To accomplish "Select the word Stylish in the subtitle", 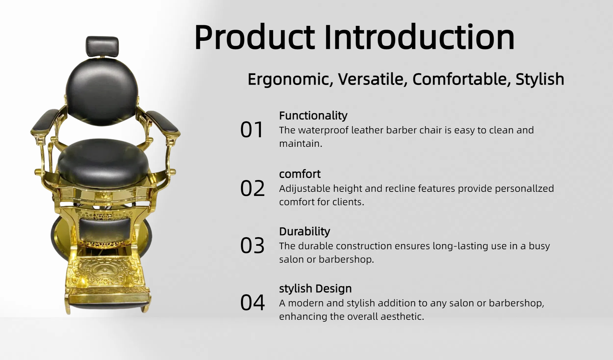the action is tap(540, 79).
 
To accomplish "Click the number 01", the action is tap(252, 130).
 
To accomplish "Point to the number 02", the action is tap(252, 188).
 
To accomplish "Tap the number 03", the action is tap(252, 246).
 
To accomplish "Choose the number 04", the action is tap(253, 303).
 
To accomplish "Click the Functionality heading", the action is tap(313, 116).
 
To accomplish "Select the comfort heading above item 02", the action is tap(300, 174).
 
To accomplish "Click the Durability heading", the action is tap(305, 231).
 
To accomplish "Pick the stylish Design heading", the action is tap(315, 289).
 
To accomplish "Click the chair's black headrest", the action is tap(102, 47).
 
